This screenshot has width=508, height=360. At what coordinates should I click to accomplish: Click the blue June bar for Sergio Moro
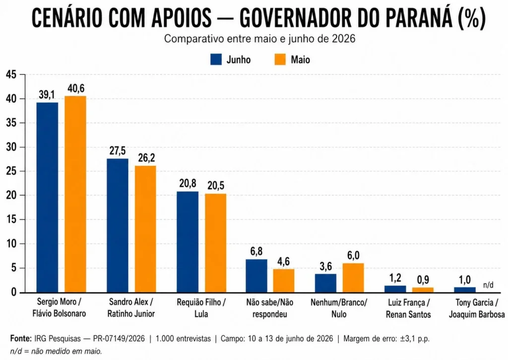(47, 197)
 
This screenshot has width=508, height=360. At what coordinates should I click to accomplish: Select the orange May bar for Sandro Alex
(145, 229)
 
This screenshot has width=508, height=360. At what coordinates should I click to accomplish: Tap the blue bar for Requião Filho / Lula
(188, 242)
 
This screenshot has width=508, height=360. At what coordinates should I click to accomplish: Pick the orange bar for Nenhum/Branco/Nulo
(353, 278)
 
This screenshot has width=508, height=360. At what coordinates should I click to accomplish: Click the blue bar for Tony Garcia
(465, 289)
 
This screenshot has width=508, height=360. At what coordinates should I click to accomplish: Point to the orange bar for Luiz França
(423, 289)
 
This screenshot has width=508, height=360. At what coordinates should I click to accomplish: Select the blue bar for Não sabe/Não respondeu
(256, 276)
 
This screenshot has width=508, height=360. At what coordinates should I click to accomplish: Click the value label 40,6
(76, 88)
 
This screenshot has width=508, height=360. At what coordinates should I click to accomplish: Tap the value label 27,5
(118, 151)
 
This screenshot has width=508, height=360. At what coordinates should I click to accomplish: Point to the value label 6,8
(256, 251)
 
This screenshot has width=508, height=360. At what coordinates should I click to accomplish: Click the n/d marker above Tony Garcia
(488, 285)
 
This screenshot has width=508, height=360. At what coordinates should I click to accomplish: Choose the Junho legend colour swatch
(216, 60)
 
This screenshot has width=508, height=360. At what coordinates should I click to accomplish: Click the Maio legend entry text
(300, 60)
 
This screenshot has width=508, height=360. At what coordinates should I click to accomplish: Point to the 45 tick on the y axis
(11, 74)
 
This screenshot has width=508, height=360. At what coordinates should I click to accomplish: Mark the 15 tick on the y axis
(11, 219)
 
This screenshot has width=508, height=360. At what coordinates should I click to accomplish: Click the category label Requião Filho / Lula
(201, 308)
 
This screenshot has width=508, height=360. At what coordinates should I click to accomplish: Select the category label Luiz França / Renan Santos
(409, 308)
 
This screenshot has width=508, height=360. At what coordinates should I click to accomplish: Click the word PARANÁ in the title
(418, 18)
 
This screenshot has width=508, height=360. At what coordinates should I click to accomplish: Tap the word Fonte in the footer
(21, 339)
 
